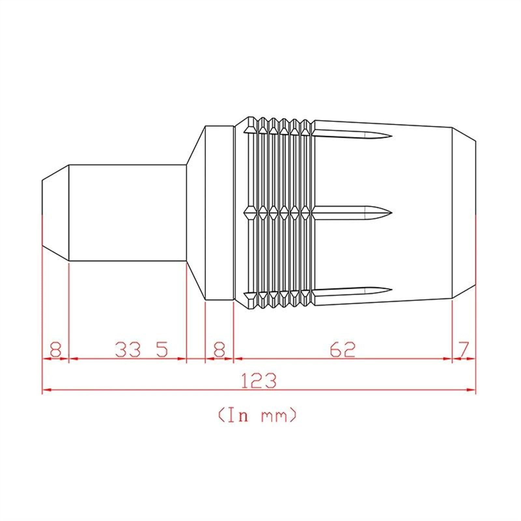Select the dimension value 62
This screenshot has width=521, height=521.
(342, 350)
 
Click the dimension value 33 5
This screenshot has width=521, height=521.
(141, 350)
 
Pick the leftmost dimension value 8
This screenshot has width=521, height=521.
(55, 350)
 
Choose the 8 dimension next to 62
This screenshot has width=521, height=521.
(219, 350)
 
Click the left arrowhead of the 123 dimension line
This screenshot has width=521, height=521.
(47, 389)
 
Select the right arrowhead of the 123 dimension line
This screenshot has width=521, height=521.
(472, 389)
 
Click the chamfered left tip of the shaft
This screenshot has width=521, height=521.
(56, 213)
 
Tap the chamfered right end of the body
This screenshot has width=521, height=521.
(464, 213)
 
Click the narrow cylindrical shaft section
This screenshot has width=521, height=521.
(127, 213)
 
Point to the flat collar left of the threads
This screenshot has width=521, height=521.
(219, 213)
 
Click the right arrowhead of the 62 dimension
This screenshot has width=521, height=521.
(448, 359)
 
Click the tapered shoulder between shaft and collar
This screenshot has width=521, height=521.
(195, 213)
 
